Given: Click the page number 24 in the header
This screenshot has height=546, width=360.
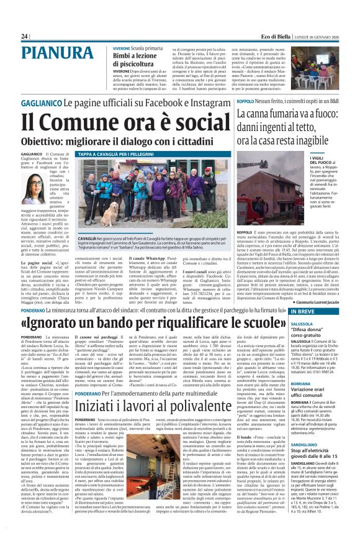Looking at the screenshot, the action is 24,37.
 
